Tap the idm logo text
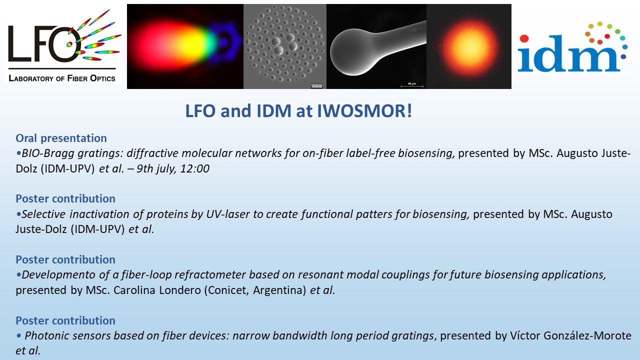568,53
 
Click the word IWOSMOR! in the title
364,111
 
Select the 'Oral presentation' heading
61,138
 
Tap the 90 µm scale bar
411,85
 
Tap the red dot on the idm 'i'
524,38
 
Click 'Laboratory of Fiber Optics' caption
62,78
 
